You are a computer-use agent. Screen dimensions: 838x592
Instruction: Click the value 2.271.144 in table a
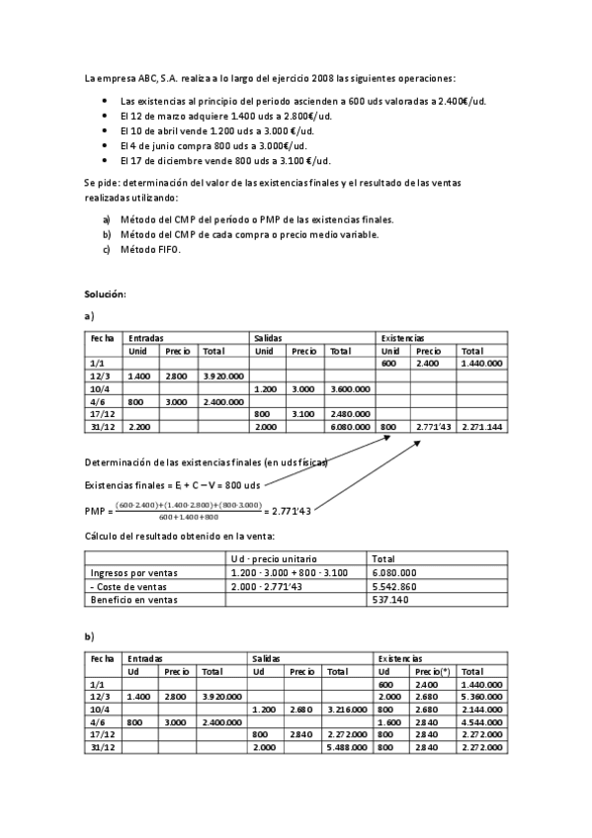pyautogui.click(x=482, y=427)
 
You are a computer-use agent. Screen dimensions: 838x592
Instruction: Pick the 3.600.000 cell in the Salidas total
pyautogui.click(x=350, y=388)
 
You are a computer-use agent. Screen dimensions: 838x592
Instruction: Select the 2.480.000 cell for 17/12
pyautogui.click(x=350, y=414)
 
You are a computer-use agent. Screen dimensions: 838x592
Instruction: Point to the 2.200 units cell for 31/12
pyautogui.click(x=139, y=427)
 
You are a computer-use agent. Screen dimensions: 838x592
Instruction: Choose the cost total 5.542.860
pyautogui.click(x=392, y=585)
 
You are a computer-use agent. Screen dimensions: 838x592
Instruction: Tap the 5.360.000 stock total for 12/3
pyautogui.click(x=482, y=696)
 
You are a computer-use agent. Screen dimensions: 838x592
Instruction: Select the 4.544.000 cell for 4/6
pyautogui.click(x=482, y=721)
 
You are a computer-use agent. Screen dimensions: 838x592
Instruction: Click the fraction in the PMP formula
pyautogui.click(x=187, y=510)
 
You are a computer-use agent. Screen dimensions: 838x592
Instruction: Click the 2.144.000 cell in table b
pyautogui.click(x=482, y=709)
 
